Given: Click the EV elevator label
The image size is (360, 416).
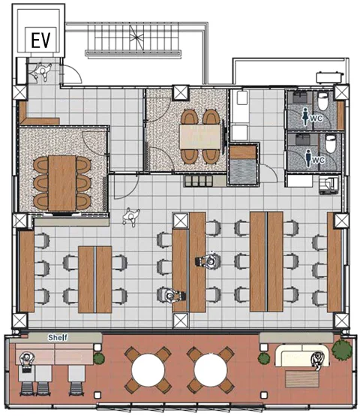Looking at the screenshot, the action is pyautogui.click(x=40, y=40).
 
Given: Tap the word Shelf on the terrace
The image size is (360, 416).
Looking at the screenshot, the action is pyautogui.click(x=58, y=337).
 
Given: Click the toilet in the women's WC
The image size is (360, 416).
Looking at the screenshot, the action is pyautogui.click(x=322, y=101).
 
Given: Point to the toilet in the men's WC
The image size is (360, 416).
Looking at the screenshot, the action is pyautogui.click(x=330, y=143).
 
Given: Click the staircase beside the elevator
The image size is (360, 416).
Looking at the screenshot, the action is pyautogui.click(x=133, y=39).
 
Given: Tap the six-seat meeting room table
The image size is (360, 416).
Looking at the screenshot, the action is pyautogui.click(x=62, y=182).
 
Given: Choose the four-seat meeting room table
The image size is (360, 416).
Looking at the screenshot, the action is pyautogui.click(x=200, y=137).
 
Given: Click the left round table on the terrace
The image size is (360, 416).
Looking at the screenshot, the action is pyautogui.click(x=148, y=370).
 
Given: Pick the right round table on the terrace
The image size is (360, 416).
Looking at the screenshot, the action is pyautogui.click(x=211, y=370).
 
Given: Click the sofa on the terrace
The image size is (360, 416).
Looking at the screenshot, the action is pyautogui.click(x=301, y=356).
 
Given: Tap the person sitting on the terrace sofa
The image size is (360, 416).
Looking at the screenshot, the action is pyautogui.click(x=318, y=360).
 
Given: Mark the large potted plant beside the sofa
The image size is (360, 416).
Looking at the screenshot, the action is pyautogui.click(x=342, y=350).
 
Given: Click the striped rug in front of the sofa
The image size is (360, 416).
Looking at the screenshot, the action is pyautogui.click(x=301, y=379).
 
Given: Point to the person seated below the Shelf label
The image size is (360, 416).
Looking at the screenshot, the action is pyautogui.click(x=27, y=360).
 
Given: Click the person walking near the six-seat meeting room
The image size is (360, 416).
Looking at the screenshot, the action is pyautogui.click(x=130, y=217).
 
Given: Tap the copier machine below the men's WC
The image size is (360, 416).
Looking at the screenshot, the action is pyautogui.click(x=328, y=184).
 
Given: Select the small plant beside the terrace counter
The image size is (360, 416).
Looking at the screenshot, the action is pyautogui.click(x=99, y=358).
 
